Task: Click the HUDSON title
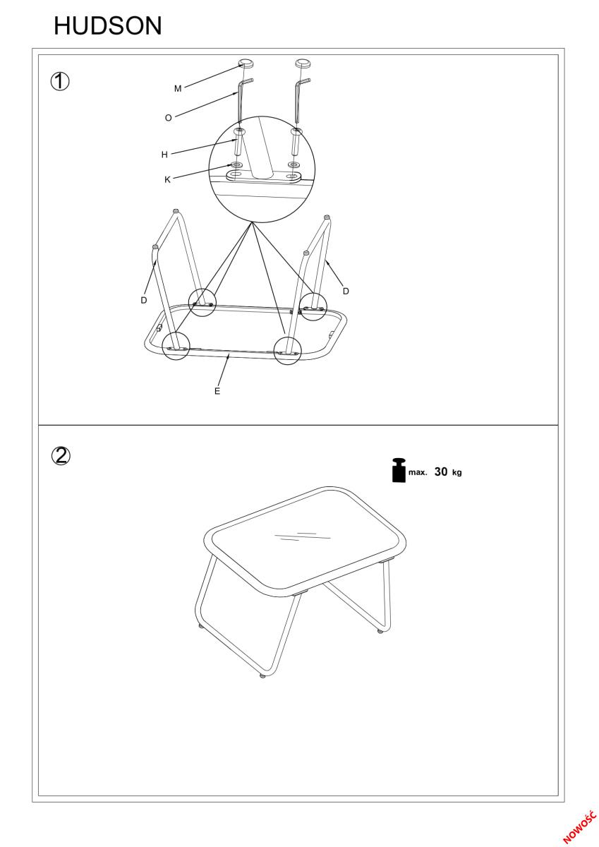[108, 25]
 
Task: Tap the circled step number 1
[60, 82]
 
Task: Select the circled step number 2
[61, 456]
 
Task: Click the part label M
[178, 88]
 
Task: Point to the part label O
[169, 118]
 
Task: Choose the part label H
[164, 155]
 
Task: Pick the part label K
[167, 180]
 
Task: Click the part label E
[217, 391]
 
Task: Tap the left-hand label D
[144, 300]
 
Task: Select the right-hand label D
[346, 291]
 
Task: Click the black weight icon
[399, 470]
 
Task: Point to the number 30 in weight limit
[441, 471]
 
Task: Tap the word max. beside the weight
[418, 472]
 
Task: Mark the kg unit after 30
[457, 473]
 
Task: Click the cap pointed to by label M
[246, 64]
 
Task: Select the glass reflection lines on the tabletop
[302, 536]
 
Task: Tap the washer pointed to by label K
[237, 164]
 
